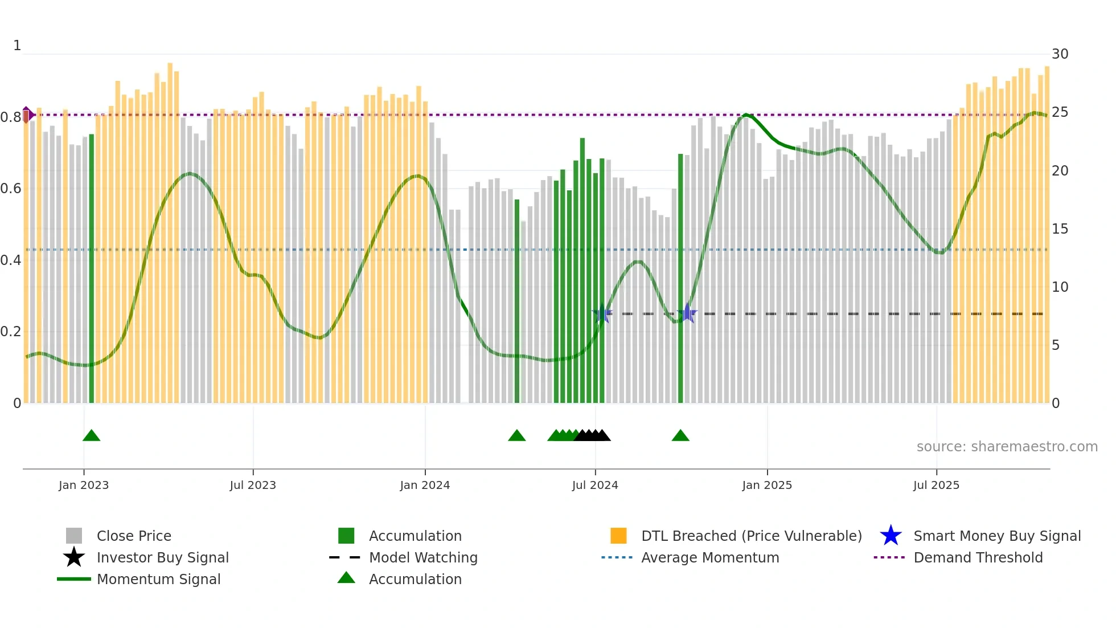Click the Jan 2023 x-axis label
pyautogui.click(x=84, y=485)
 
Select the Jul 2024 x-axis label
pyautogui.click(x=595, y=485)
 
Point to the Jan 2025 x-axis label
pyautogui.click(x=767, y=485)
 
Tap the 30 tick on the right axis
pyautogui.click(x=1060, y=54)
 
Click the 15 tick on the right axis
pyautogui.click(x=1060, y=229)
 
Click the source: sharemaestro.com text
pyautogui.click(x=1007, y=447)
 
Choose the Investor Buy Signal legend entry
pyautogui.click(x=162, y=558)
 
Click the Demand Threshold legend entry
pyautogui.click(x=978, y=558)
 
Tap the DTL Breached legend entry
pyautogui.click(x=751, y=536)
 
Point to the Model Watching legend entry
pyautogui.click(x=422, y=558)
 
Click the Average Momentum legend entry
pyautogui.click(x=709, y=558)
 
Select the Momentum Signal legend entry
pyautogui.click(x=158, y=580)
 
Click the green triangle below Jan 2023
pyautogui.click(x=91, y=436)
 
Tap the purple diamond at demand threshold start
pyautogui.click(x=27, y=115)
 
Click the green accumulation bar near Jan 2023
pyautogui.click(x=92, y=268)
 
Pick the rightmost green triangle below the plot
pyautogui.click(x=680, y=436)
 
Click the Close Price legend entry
pyautogui.click(x=133, y=536)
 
